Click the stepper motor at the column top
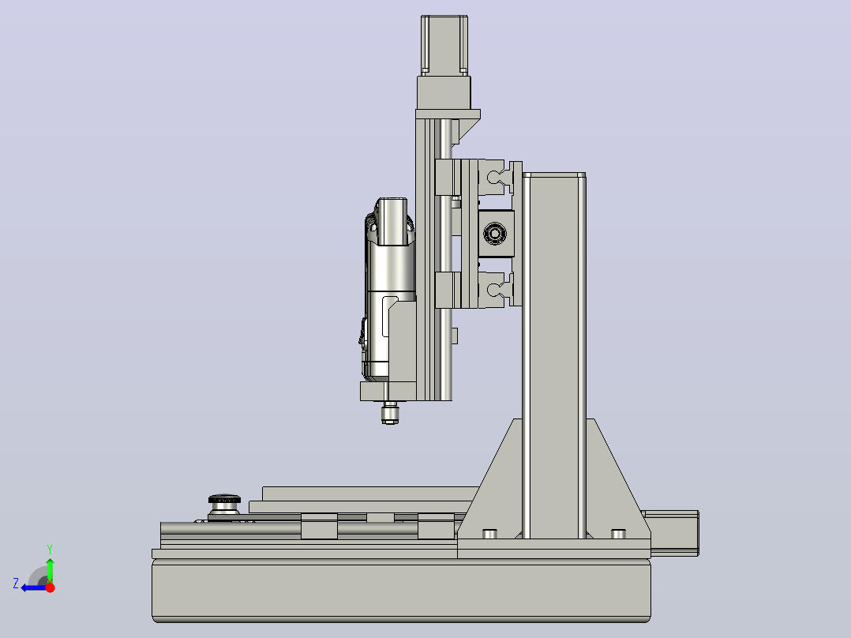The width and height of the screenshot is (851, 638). pyautogui.click(x=444, y=46)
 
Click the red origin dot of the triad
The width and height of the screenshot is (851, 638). pyautogui.click(x=51, y=587)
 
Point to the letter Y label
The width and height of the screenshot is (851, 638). pyautogui.click(x=50, y=550)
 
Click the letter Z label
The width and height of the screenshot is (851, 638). pyautogui.click(x=16, y=584)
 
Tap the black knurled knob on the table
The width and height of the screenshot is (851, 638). pyautogui.click(x=224, y=499)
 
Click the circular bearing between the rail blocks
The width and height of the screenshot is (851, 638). pyautogui.click(x=495, y=234)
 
